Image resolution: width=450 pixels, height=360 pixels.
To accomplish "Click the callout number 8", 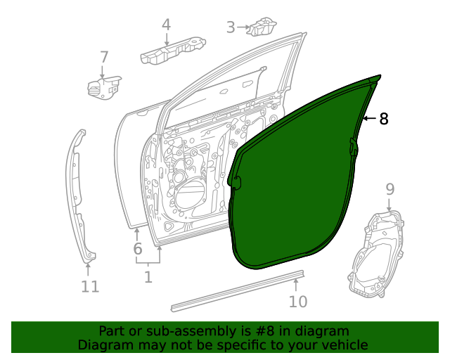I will coord(383,119).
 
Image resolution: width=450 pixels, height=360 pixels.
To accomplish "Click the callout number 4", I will coord(166,25).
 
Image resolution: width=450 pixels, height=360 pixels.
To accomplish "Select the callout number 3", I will coord(231,27).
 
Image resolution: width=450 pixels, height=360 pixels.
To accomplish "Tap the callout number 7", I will coord(104,57).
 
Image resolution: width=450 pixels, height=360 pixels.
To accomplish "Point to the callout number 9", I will coord(390,188).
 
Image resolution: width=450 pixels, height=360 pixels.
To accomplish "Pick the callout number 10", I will coord(298,301).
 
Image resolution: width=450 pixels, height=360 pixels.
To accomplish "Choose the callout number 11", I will coord(89,286).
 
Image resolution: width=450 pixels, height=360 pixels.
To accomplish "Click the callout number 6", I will coord(137,248).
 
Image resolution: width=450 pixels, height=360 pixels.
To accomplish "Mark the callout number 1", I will coord(148,277).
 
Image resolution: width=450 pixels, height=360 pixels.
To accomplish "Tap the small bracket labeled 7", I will coord(103,86).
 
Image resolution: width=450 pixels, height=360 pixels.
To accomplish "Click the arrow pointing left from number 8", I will coord(369,119).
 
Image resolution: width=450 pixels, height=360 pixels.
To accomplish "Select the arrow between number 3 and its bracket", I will coord(244,27).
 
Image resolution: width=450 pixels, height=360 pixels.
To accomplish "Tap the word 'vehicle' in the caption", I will coord(345,345).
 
